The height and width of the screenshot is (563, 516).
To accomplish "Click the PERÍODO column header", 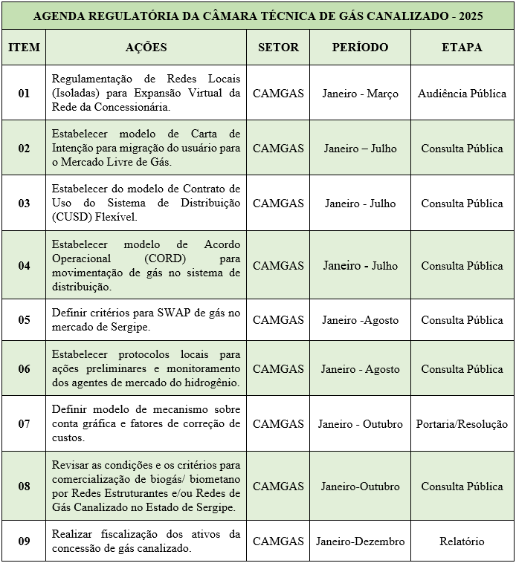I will [x=360, y=47].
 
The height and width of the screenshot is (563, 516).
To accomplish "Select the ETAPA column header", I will [x=462, y=47].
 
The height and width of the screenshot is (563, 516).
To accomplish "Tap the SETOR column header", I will [x=278, y=47].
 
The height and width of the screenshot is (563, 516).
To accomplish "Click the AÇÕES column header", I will [x=146, y=47].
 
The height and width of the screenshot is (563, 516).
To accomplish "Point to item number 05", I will [x=24, y=320].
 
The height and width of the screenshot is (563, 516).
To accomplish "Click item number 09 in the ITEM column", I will [x=24, y=541].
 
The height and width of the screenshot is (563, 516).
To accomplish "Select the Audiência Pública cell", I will [x=462, y=94].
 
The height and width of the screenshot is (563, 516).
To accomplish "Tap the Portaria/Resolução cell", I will [x=462, y=424].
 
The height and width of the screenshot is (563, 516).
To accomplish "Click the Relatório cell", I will [x=462, y=541].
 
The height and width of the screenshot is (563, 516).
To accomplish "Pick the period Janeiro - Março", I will [x=360, y=94].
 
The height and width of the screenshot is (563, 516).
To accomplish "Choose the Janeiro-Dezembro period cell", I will [x=360, y=541].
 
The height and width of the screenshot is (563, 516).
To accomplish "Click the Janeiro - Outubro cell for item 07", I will [x=360, y=424].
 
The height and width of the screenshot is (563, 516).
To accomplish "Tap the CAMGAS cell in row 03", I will [x=278, y=203].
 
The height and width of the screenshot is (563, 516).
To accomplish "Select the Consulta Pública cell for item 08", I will [x=462, y=486].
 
